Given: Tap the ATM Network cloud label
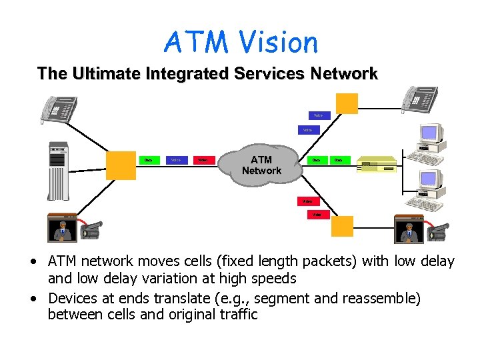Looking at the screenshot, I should coord(261,165).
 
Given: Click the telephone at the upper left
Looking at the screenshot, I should coord(59,109).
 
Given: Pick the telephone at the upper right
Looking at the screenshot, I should coord(419,100).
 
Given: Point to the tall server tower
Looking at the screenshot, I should coord(58,171).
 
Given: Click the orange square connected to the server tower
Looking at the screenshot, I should coord(121,162).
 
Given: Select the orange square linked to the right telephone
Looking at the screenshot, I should coord(347,104).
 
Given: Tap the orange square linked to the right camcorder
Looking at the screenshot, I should coord(343,226).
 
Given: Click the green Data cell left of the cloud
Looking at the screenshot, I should coord(148,160).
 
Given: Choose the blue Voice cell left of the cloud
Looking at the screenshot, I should coord(176,160).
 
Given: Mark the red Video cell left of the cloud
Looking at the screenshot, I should coord(203,160).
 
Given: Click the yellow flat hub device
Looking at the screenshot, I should coord(377,165).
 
